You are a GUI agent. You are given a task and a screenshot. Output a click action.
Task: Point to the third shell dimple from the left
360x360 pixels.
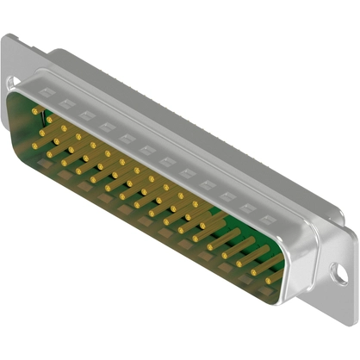(87, 114)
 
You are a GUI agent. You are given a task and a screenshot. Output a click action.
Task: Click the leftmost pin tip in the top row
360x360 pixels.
(35, 110)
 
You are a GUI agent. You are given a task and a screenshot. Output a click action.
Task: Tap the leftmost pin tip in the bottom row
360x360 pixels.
(34, 146)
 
